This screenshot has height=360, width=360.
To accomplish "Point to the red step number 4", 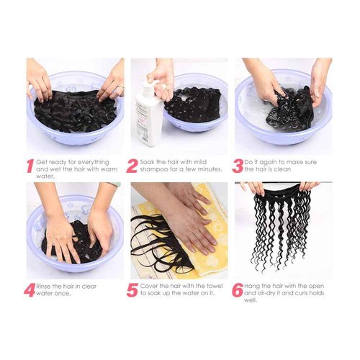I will point(30,292).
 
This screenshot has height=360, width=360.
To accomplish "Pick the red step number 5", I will point(132,292).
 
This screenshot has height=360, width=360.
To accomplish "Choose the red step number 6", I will point(238,292).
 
